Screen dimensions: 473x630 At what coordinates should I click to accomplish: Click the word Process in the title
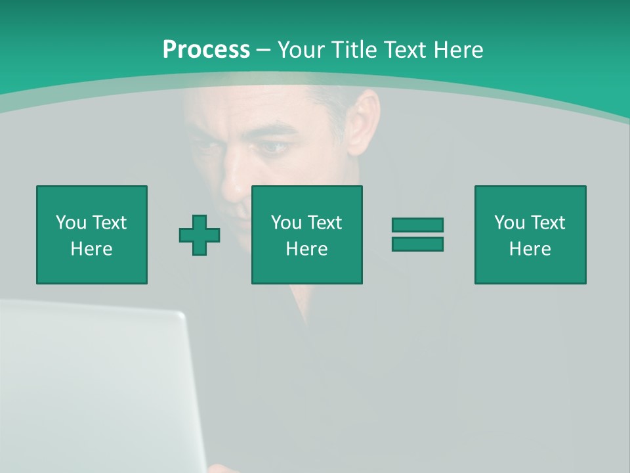pyautogui.click(x=206, y=50)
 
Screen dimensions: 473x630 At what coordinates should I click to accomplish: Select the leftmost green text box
pyautogui.click(x=91, y=235)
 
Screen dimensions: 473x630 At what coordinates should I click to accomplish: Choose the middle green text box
pyautogui.click(x=306, y=235)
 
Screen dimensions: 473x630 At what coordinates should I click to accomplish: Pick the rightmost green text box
pyautogui.click(x=530, y=235)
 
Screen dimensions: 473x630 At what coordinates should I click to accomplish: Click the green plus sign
pyautogui.click(x=199, y=235)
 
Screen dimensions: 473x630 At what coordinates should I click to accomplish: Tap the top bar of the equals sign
pyautogui.click(x=417, y=225)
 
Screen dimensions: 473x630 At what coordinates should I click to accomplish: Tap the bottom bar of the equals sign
pyautogui.click(x=417, y=244)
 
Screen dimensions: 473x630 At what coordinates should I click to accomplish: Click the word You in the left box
pyautogui.click(x=71, y=223)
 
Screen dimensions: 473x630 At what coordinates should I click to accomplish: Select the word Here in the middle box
pyautogui.click(x=306, y=249)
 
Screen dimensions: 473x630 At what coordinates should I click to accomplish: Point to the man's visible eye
pyautogui.click(x=272, y=147)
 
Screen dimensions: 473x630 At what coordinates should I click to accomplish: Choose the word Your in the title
pyautogui.click(x=302, y=50)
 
